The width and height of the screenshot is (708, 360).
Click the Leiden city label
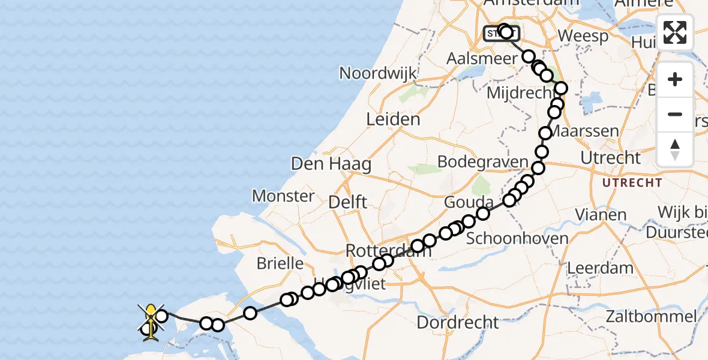click(x=393, y=119)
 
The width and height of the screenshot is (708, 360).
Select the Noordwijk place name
click(x=377, y=73)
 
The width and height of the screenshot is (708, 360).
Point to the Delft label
click(x=348, y=202)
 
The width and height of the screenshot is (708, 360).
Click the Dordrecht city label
click(x=457, y=322)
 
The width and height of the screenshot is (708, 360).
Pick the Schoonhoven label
click(x=517, y=238)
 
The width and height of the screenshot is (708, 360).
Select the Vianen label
click(x=601, y=214)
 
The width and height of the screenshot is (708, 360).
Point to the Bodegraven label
click(x=482, y=162)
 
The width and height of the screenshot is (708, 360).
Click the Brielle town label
click(x=280, y=263)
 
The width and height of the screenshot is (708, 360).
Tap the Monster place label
click(x=283, y=196)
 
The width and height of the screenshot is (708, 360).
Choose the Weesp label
click(x=583, y=35)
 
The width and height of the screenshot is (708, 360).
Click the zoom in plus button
click(x=675, y=79)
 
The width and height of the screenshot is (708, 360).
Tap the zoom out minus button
click(x=675, y=114)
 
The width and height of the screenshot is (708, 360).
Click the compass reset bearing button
click(x=675, y=149)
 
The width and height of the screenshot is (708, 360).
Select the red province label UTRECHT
click(x=632, y=182)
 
